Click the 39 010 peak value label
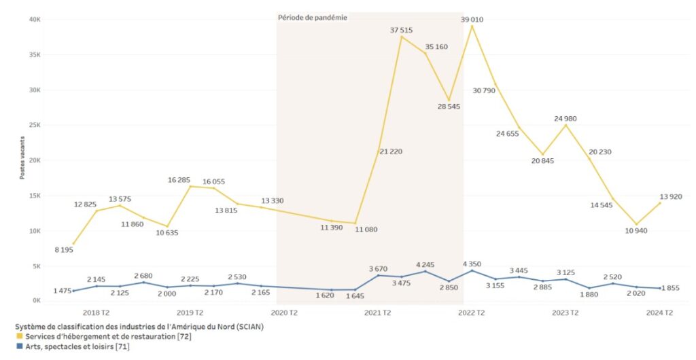pos(472,20)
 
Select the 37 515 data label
pos(401,30)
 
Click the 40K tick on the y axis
pos(34,19)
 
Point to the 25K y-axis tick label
pos(34,125)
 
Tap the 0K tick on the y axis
pos(35,301)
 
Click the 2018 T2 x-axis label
pos(96,313)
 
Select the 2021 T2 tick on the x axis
pos(377,313)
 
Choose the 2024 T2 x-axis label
pos(659,313)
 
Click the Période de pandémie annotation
pos(313,18)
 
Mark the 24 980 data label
pos(570,119)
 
